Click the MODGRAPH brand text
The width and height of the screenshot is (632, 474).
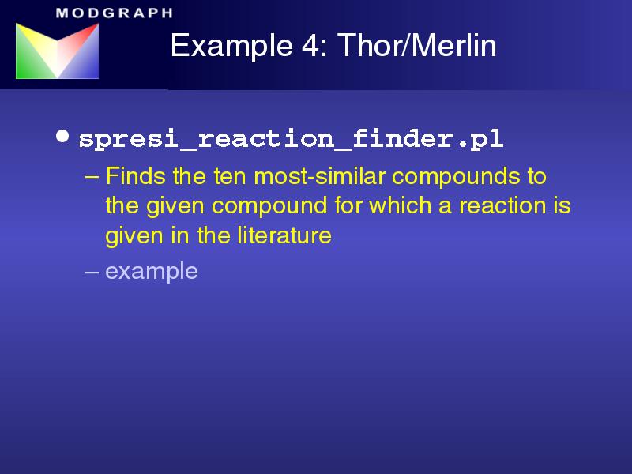coord(115,13)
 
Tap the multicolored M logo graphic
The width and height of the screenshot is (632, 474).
coord(57,51)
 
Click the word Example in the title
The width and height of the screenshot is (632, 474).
coord(231,47)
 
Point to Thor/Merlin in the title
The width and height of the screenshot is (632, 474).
coord(417,45)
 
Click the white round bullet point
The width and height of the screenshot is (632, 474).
coord(62,136)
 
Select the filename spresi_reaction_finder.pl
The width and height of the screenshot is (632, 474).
coord(291,139)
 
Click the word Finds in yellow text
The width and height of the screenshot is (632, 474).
coord(136,176)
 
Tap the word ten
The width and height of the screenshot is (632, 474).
coord(230,176)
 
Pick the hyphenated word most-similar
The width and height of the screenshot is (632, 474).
coord(320,176)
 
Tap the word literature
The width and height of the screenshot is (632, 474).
coord(284,235)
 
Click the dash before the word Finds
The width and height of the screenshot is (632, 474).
coord(92,177)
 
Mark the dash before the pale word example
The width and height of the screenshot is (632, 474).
coord(92,272)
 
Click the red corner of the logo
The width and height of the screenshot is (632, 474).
coord(91,32)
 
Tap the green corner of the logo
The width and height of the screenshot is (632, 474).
coord(24,70)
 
